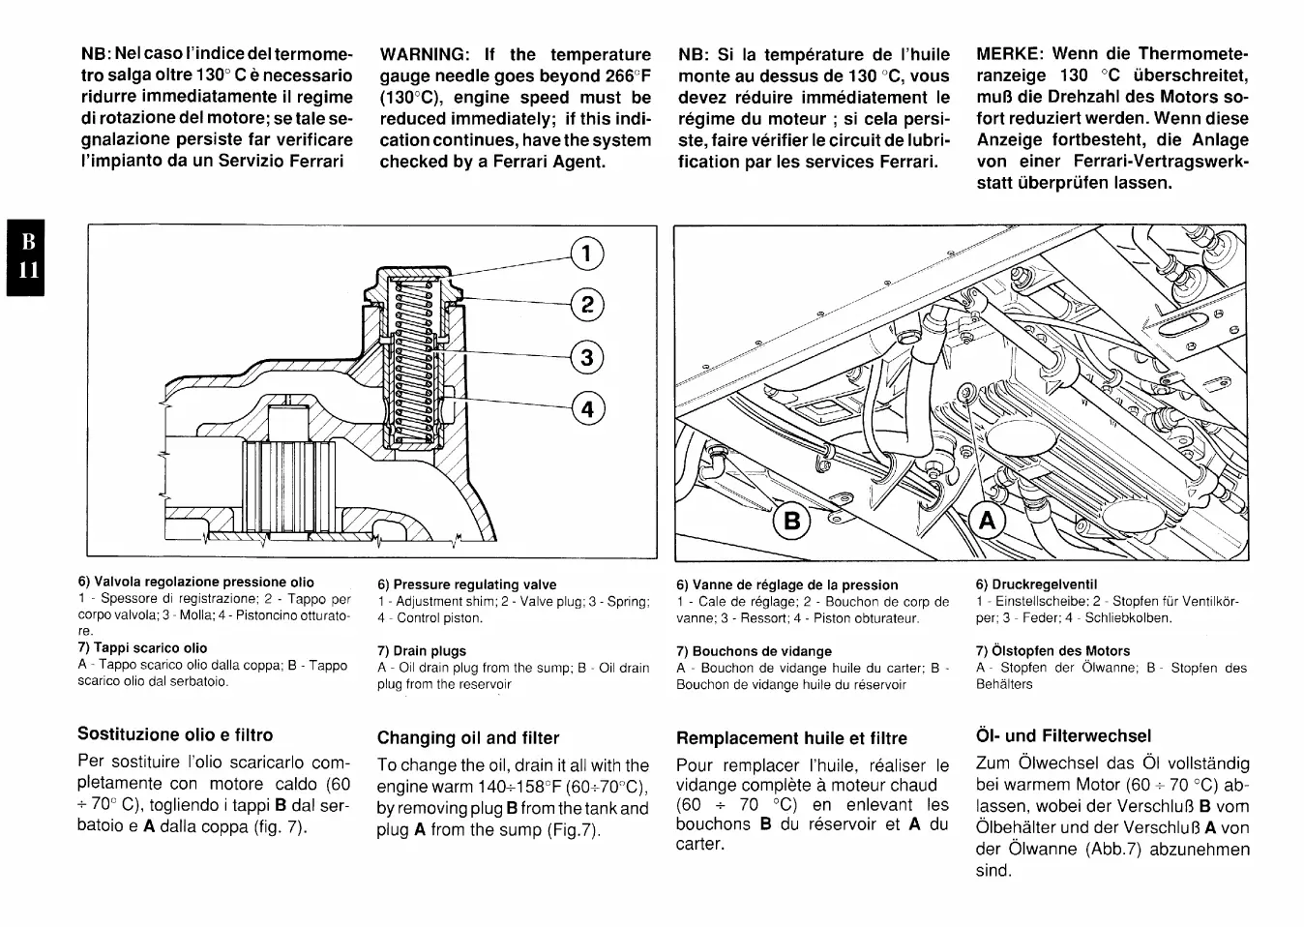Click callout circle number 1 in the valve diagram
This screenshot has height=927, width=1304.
click(587, 254)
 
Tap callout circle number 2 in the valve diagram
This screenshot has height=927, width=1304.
click(587, 305)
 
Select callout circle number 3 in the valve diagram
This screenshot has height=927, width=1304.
click(587, 357)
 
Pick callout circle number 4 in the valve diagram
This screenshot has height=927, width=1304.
click(587, 408)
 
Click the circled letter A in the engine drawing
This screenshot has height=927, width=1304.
click(987, 523)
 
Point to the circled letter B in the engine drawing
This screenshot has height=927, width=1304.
click(792, 523)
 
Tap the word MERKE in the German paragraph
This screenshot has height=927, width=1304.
click(1010, 54)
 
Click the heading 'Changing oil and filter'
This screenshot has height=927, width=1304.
click(468, 738)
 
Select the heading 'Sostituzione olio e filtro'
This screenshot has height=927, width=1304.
click(175, 734)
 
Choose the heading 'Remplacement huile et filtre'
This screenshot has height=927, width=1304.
click(791, 738)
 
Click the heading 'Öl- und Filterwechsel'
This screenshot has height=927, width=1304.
click(1063, 735)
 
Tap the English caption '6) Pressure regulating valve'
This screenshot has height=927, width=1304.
click(467, 584)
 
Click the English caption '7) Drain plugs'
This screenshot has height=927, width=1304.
click(422, 651)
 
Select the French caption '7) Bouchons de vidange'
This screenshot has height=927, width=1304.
click(754, 651)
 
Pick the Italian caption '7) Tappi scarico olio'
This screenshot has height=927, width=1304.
click(142, 648)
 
